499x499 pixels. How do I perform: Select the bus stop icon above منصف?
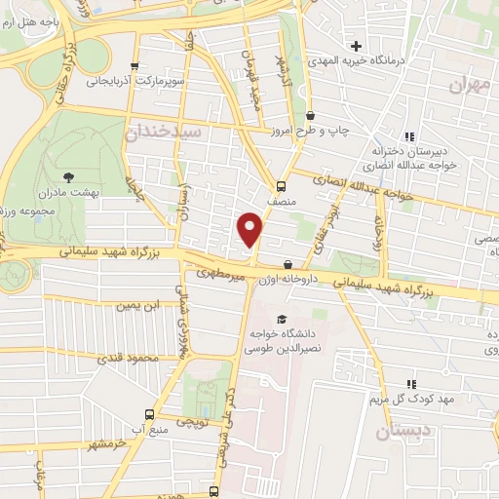[x=281, y=186]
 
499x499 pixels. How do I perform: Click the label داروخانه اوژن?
[x=288, y=280]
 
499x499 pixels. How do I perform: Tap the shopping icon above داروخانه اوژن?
[x=288, y=264]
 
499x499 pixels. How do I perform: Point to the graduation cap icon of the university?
[x=282, y=319]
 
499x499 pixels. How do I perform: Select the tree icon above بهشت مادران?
[x=68, y=176]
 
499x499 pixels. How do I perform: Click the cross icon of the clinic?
[x=357, y=45]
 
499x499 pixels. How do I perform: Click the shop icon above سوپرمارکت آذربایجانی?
[x=134, y=66]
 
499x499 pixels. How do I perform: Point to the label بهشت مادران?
[x=67, y=194]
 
